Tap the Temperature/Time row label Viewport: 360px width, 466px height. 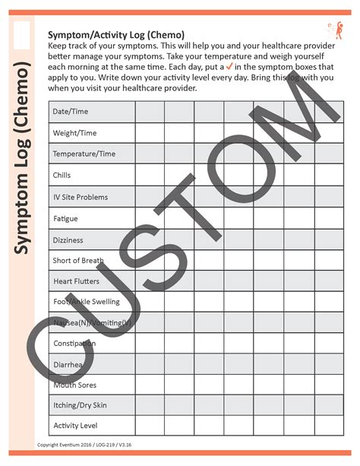point(84,154)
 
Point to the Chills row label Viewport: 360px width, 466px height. point(62,176)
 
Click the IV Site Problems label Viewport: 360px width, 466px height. point(80,197)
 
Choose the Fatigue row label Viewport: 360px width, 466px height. point(65,219)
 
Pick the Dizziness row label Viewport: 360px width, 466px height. point(68,239)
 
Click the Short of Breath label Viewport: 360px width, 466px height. point(78,261)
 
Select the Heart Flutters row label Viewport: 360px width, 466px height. point(77,281)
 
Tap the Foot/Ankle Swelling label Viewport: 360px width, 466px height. point(86,302)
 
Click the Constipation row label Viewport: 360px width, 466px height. point(74,344)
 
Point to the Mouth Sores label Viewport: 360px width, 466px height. point(74,385)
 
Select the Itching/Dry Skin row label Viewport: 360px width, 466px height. point(80,405)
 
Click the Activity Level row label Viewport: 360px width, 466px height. point(75,426)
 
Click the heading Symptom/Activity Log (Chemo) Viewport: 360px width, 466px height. point(115,35)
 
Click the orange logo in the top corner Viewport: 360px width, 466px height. point(331,31)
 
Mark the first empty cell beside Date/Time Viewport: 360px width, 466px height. point(150,112)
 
